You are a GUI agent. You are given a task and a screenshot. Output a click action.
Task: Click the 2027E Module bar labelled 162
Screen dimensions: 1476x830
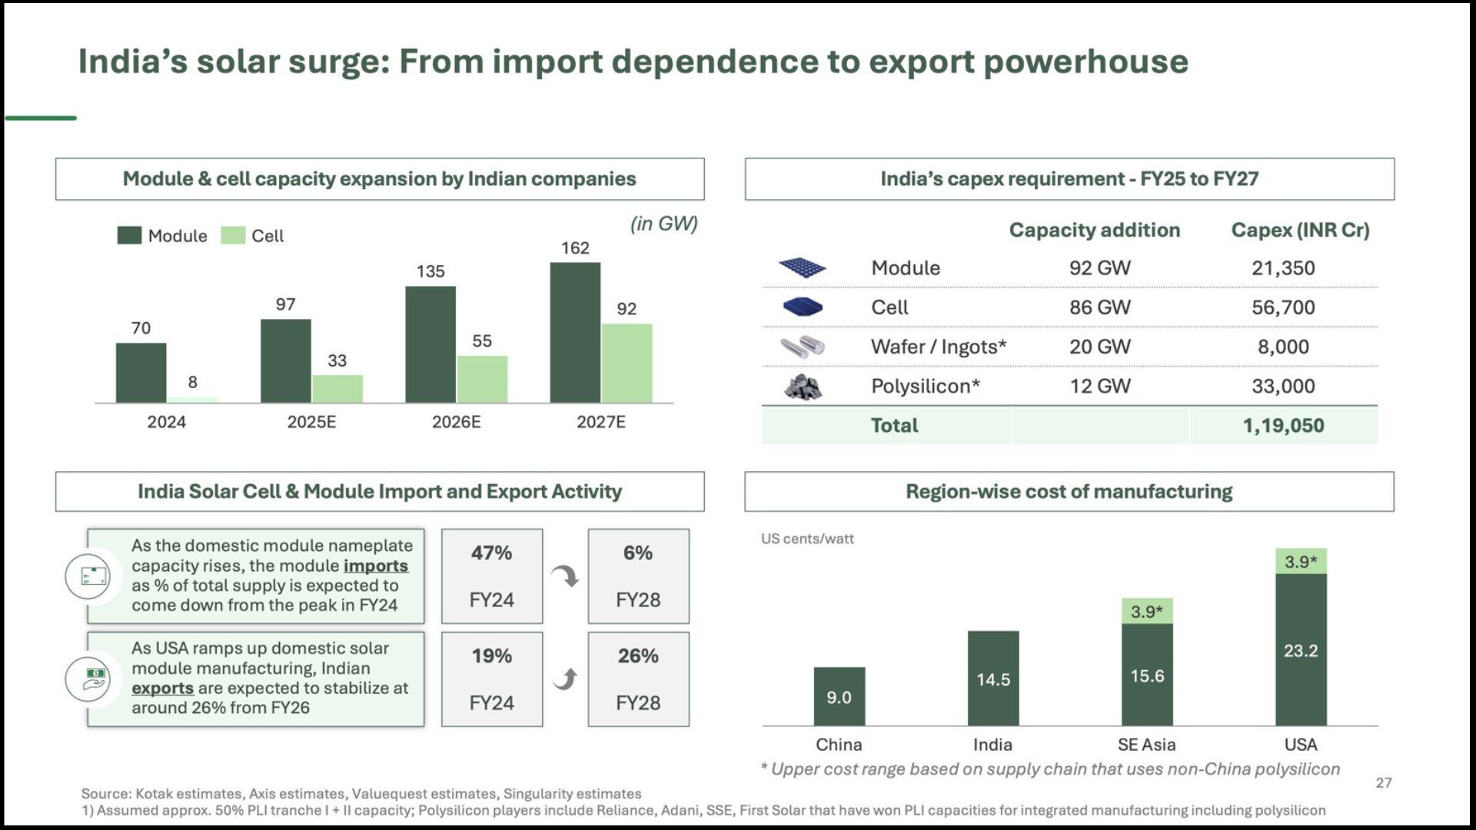tap(575, 332)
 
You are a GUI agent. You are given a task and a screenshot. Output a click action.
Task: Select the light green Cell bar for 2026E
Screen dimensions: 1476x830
tap(482, 379)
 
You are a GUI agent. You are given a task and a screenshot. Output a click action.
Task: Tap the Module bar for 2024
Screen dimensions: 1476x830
tap(141, 373)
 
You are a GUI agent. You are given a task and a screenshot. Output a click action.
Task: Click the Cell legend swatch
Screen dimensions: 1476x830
tap(233, 235)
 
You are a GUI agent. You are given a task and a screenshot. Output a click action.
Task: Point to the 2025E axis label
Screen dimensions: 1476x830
tap(311, 422)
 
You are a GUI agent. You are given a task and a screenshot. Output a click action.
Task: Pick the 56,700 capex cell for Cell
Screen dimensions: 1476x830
tap(1283, 307)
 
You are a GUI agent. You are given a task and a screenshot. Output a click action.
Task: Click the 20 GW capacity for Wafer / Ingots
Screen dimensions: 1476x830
tap(1100, 347)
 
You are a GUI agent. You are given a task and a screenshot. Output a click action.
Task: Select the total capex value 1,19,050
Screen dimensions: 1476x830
tap(1283, 426)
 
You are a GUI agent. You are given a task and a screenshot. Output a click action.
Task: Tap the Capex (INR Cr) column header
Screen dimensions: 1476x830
tap(1300, 230)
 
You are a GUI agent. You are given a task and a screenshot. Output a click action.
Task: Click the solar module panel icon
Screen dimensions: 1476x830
tap(802, 267)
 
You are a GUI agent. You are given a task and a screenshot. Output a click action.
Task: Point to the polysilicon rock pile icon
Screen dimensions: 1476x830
tap(803, 387)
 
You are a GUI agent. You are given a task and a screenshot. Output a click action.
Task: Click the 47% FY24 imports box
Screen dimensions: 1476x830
tap(492, 576)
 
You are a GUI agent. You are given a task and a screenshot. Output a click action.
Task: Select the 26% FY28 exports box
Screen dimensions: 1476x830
tap(638, 679)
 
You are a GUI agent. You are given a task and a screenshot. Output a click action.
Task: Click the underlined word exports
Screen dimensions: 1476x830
tap(162, 689)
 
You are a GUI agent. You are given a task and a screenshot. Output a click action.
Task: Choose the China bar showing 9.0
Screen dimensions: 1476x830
tap(839, 696)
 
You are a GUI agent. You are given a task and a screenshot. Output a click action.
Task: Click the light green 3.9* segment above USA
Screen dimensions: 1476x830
tap(1301, 561)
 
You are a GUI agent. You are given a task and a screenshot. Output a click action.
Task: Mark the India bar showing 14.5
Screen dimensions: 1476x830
tap(993, 679)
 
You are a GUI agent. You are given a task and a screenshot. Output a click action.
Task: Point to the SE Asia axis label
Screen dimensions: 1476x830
tap(1146, 745)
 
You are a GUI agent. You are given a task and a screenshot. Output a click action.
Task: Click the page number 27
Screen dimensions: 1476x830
tap(1384, 783)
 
